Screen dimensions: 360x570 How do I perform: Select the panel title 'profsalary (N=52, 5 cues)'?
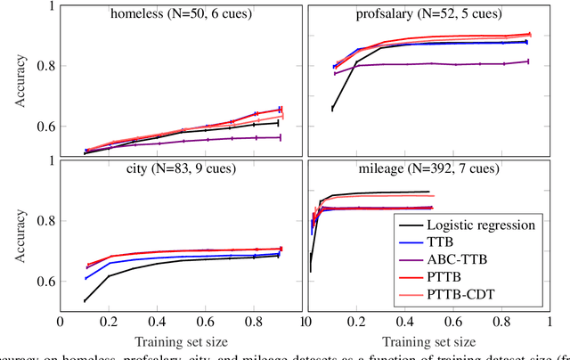click(x=425, y=15)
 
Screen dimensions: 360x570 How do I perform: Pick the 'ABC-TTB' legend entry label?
click(x=463, y=260)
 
